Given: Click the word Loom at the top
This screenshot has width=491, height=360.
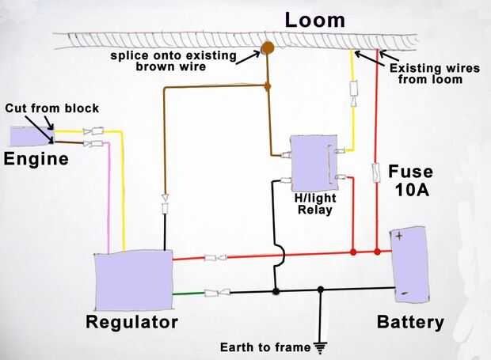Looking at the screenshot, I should coord(315,19).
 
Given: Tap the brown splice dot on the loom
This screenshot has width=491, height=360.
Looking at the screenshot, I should coord(268,47).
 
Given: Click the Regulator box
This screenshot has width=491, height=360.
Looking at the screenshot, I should coord(133,282).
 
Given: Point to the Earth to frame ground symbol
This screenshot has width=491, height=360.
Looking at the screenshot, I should coord(320,345).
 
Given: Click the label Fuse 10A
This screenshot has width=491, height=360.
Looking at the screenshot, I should coord(410,180).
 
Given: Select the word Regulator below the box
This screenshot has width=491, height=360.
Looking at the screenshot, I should coord(131,322).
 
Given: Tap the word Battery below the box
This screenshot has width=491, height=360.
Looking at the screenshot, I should coord(410,322).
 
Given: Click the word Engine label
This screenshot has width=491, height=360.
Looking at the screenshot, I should coord(36,159).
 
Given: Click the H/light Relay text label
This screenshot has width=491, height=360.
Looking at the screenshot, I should coord(314,204).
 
